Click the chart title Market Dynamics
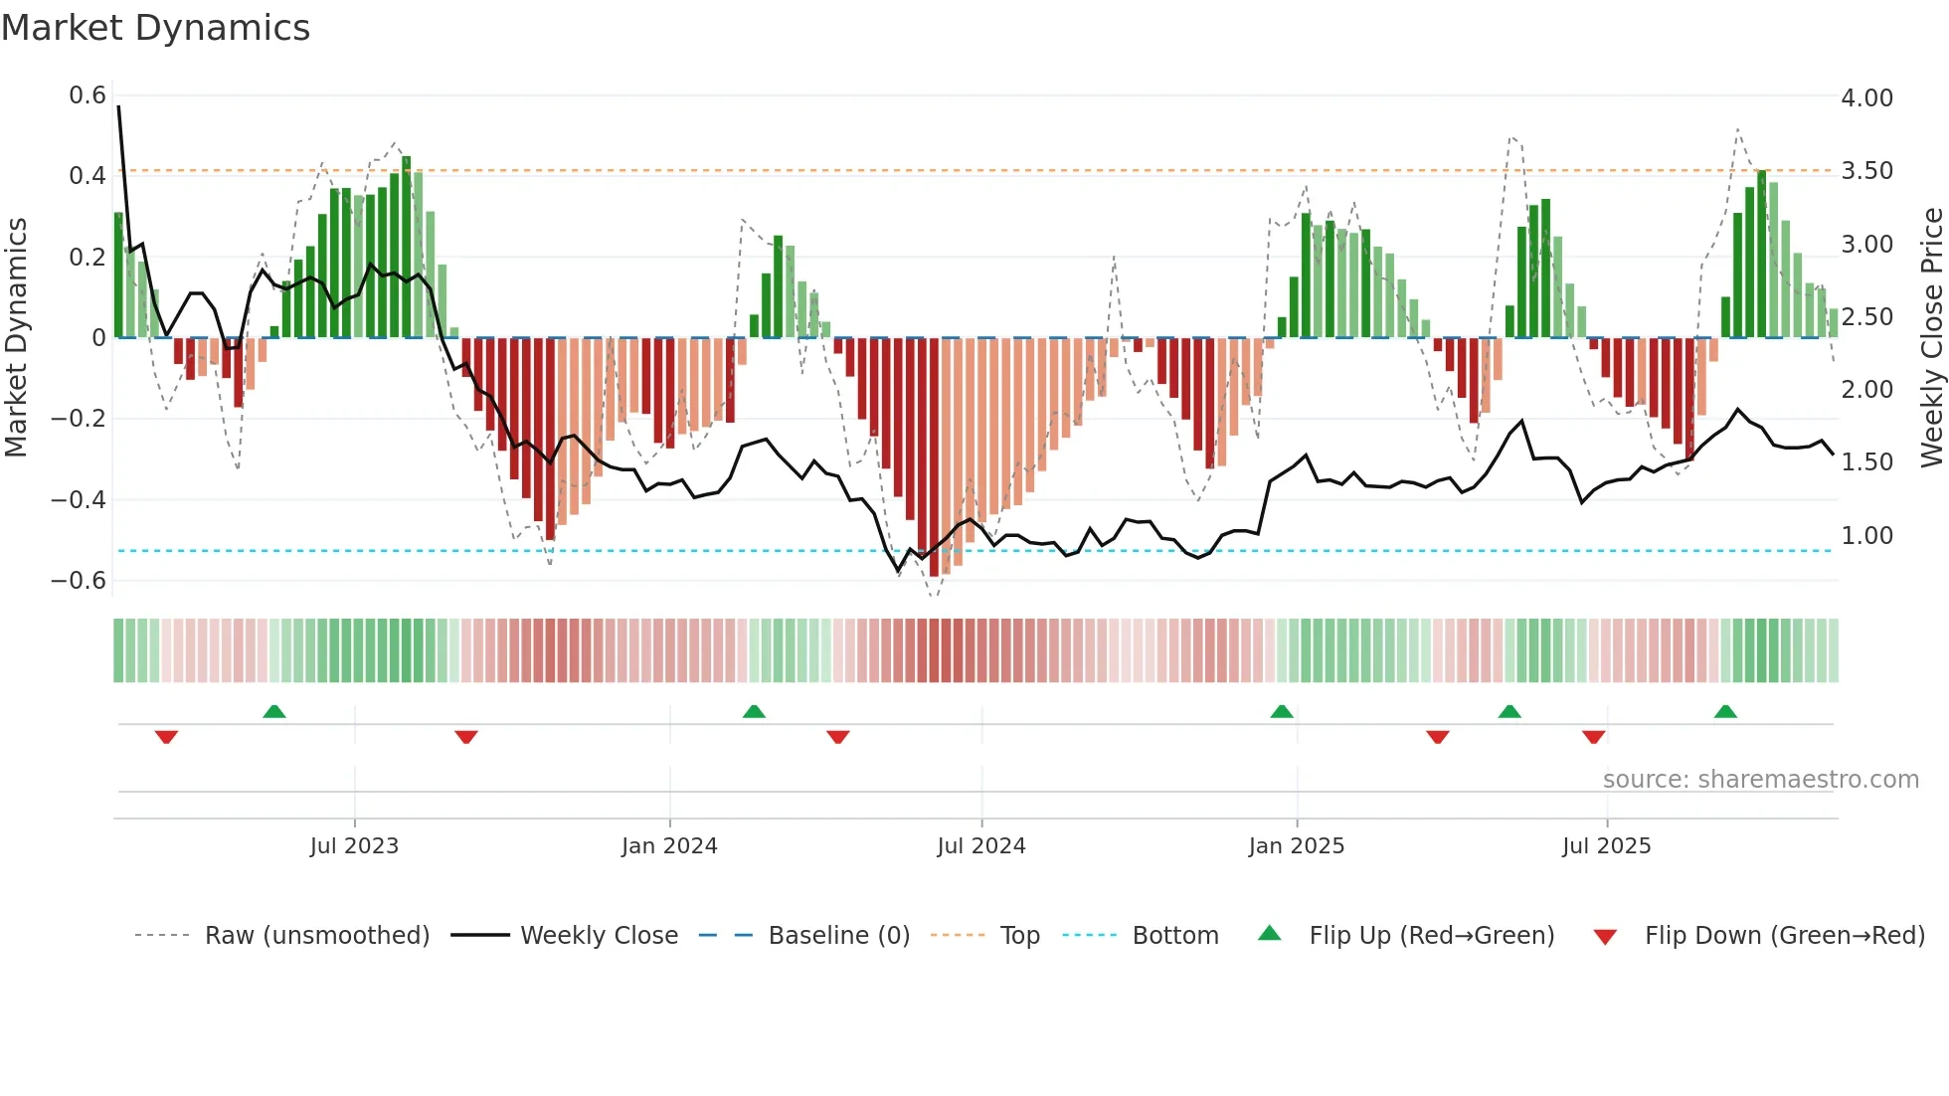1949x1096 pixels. click(155, 28)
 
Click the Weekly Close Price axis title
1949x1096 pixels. click(1931, 337)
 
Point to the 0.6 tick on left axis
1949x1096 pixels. click(88, 95)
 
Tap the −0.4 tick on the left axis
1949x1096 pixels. click(79, 499)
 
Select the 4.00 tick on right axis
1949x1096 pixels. click(1866, 98)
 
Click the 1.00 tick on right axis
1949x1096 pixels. click(1866, 536)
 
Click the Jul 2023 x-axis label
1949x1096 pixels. click(354, 846)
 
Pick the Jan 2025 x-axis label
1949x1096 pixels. click(1296, 846)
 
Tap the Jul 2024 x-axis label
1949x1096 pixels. click(980, 846)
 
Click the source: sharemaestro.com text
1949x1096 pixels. click(1760, 780)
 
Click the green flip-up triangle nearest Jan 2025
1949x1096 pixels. click(1282, 712)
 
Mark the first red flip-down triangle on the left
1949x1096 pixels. click(166, 737)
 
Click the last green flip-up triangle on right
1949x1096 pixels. click(1725, 712)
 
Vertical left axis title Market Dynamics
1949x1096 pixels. click(16, 337)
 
